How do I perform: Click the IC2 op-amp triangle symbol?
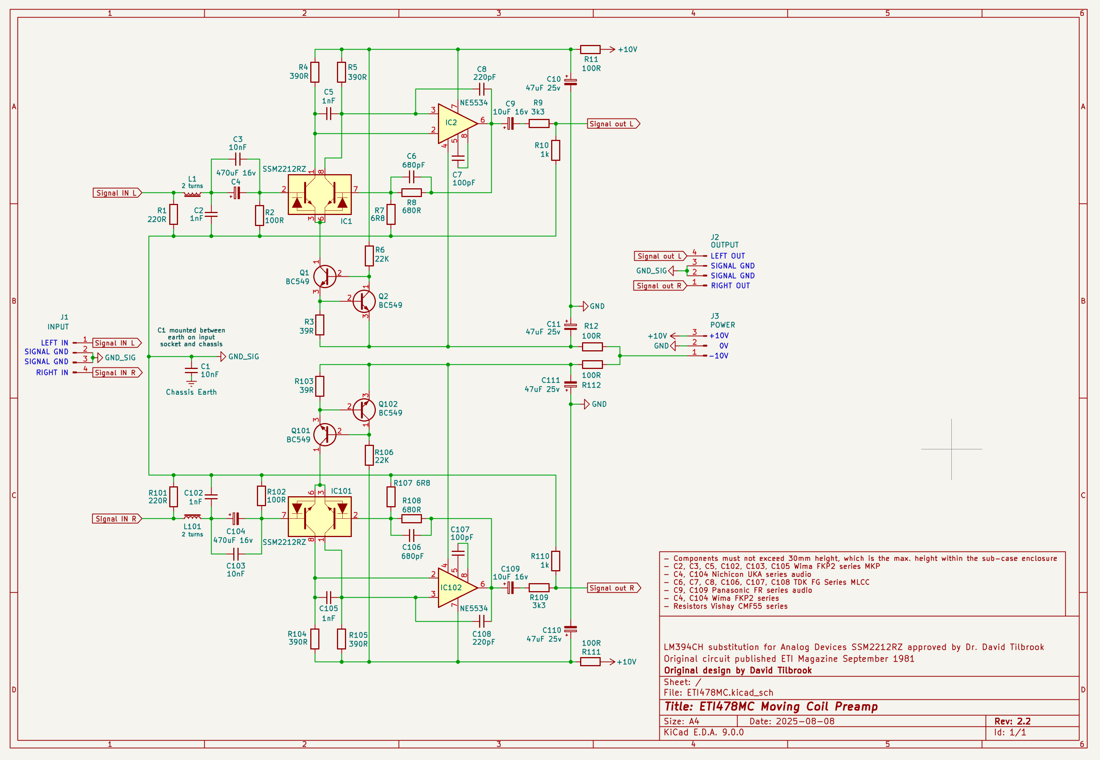(x=455, y=123)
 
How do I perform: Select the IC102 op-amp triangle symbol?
(x=455, y=588)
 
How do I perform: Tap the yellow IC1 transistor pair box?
(x=319, y=194)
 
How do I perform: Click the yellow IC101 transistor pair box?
(x=319, y=517)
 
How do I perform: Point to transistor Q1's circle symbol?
(x=325, y=276)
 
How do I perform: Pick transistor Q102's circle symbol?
(x=364, y=409)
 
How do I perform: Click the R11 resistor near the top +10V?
(x=590, y=49)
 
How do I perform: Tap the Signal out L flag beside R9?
(x=613, y=124)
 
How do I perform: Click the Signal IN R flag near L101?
(x=117, y=519)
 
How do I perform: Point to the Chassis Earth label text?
(x=191, y=392)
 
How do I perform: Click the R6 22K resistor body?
(x=369, y=256)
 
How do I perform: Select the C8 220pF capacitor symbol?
(x=481, y=89)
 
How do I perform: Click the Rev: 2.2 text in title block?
(x=1012, y=721)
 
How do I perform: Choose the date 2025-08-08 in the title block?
(x=805, y=721)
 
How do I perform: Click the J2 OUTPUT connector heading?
(x=724, y=241)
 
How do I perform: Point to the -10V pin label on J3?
(x=718, y=356)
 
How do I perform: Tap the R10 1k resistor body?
(x=556, y=150)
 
